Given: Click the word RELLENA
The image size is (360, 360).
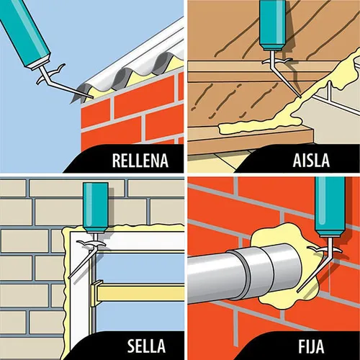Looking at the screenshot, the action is [x=140, y=160].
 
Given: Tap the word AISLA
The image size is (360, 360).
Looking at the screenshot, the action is [x=311, y=160].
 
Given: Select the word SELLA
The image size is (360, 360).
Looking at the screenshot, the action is [x=146, y=346].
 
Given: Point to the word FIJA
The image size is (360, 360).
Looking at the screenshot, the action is [x=311, y=346].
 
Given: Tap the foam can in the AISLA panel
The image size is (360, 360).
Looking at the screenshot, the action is [x=273, y=25].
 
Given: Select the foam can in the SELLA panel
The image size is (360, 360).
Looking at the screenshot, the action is [x=96, y=207].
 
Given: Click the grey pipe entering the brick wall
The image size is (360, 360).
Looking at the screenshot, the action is [x=245, y=274].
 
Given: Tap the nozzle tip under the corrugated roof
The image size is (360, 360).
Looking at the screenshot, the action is [x=92, y=97].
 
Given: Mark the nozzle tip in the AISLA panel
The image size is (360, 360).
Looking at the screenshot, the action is [x=300, y=96].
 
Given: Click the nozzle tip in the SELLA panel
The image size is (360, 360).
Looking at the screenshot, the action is [x=69, y=278].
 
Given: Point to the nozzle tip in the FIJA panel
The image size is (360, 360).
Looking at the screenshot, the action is [x=298, y=291].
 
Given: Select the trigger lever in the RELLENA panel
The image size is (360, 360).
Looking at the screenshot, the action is [x=56, y=70].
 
